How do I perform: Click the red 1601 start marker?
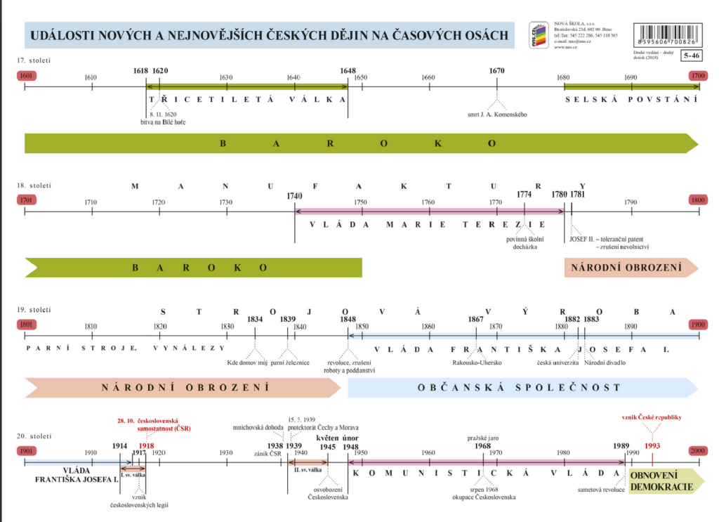coord(26,75)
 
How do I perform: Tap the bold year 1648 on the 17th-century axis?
coord(348,71)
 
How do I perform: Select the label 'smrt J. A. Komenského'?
coord(496,115)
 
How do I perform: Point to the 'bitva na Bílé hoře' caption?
coord(164,122)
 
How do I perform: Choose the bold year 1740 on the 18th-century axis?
coord(295,197)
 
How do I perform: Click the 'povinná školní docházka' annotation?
coord(525,243)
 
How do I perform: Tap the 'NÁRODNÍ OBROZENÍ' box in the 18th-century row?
coord(627,268)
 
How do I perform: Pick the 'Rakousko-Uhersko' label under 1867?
coord(476,363)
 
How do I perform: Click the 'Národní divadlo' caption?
coord(605,363)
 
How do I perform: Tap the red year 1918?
coord(146,445)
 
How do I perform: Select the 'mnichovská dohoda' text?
coord(259,426)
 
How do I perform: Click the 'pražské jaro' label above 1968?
coord(483,438)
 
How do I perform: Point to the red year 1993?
coord(652,445)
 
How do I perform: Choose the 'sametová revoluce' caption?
coord(600,489)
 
